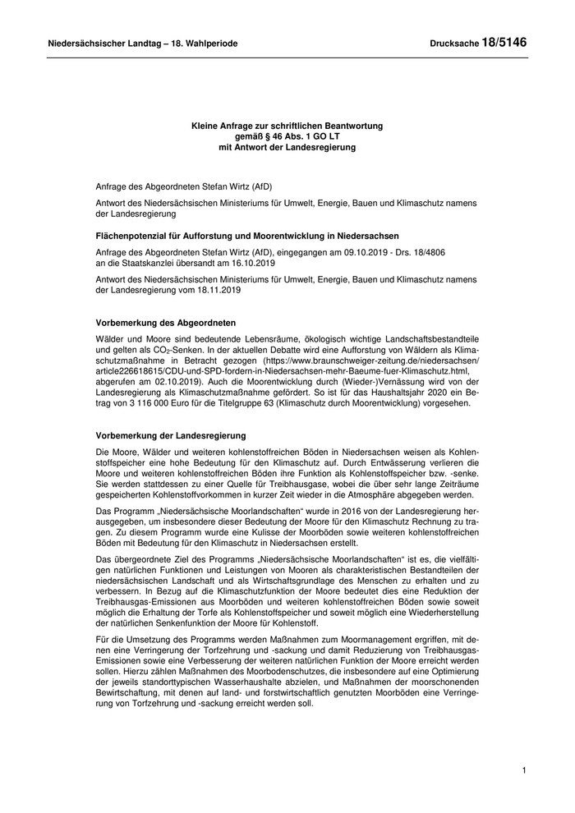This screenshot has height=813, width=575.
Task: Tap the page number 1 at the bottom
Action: point(524,769)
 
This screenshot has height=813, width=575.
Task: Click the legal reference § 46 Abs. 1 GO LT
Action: point(299,136)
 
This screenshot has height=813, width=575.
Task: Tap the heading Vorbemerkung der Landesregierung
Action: point(171,435)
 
